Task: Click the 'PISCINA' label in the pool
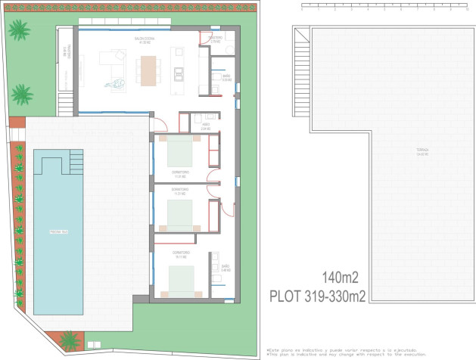pos(59,231)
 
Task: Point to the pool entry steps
pos(76,161)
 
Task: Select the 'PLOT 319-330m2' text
pos(318,296)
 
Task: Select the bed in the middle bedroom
pos(182,215)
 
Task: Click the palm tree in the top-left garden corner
pos(19,31)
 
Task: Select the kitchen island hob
pos(179,73)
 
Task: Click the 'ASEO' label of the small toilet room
pos(205,127)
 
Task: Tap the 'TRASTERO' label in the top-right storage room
pos(215,38)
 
